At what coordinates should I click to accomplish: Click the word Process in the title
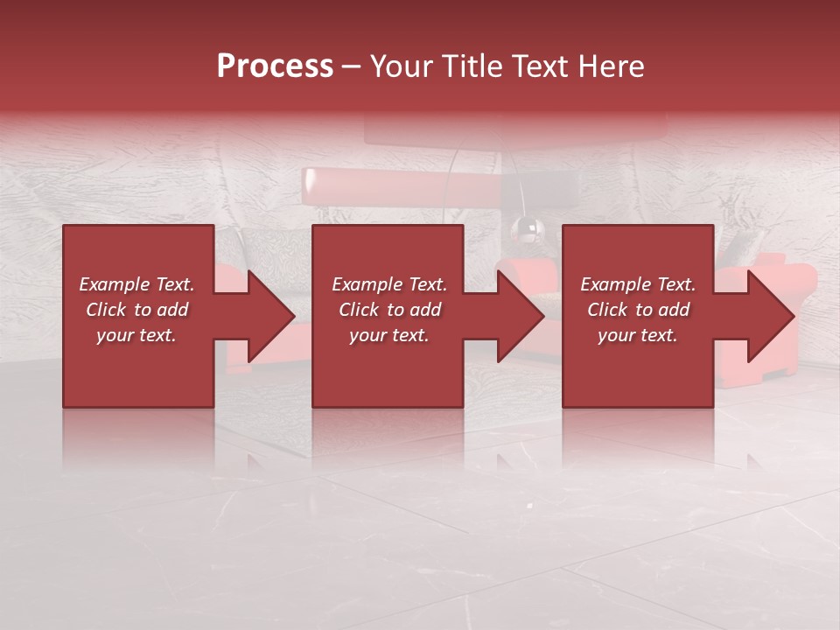(275, 66)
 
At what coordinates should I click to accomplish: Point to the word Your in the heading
(399, 66)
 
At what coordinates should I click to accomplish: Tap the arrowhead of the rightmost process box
(769, 316)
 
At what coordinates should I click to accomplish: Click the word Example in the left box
(115, 284)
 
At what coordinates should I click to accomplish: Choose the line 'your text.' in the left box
(136, 335)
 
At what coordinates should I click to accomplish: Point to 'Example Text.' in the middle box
(389, 284)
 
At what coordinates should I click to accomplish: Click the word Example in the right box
(616, 284)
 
